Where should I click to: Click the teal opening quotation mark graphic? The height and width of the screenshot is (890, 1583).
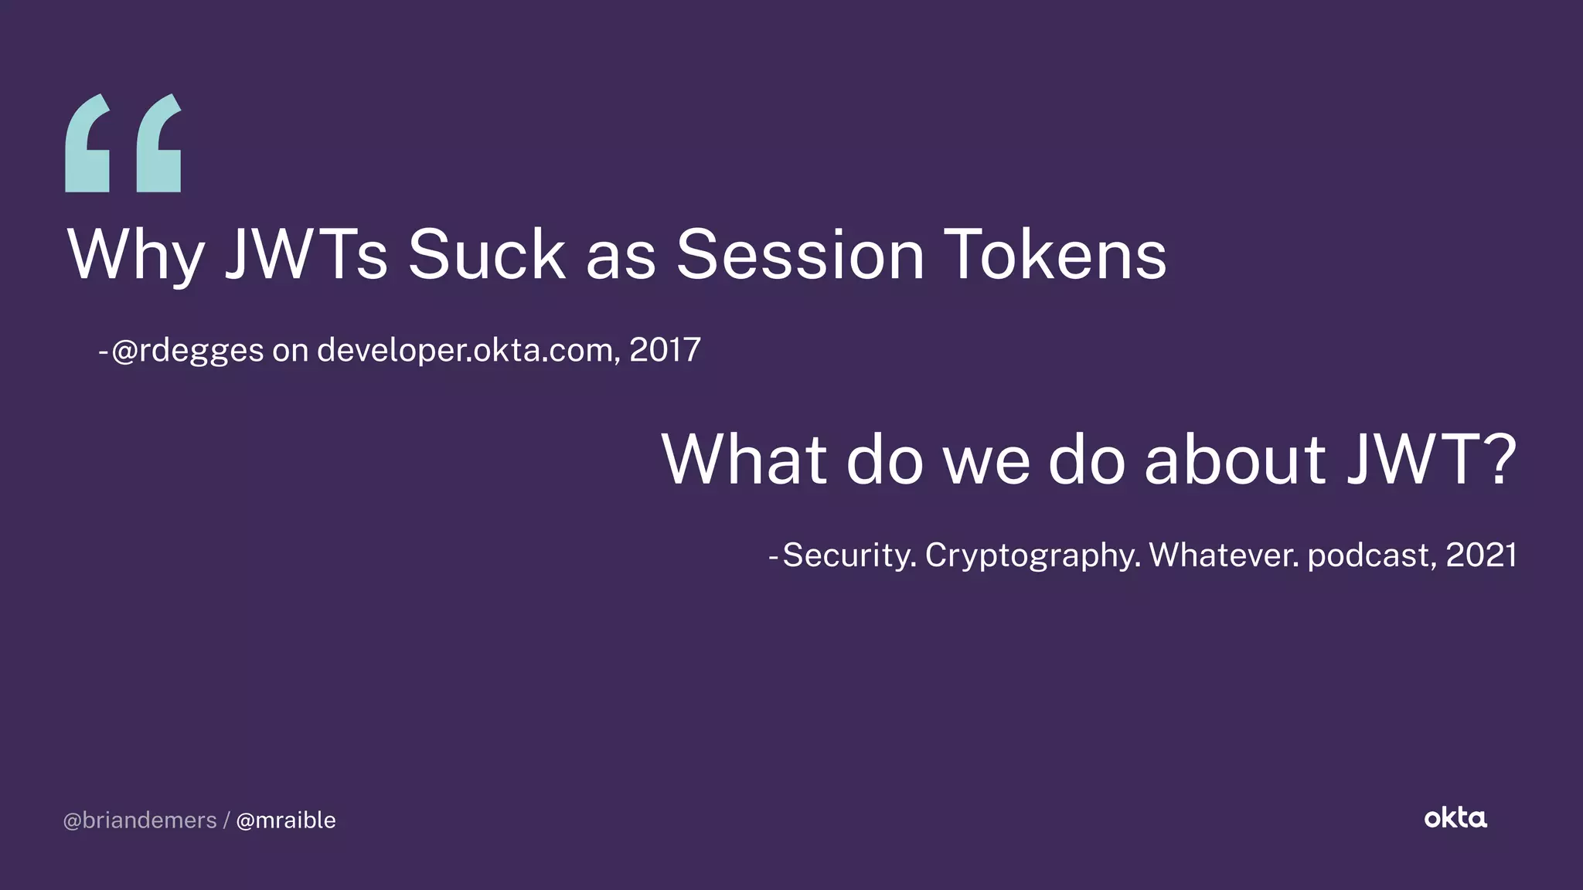pyautogui.click(x=124, y=144)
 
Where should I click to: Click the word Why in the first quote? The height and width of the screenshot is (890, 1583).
pyautogui.click(x=136, y=255)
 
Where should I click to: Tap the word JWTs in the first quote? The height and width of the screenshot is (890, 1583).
pyautogui.click(x=306, y=255)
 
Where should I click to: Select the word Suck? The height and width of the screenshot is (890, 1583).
pyautogui.click(x=487, y=255)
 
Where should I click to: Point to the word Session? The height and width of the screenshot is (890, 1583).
pyautogui.click(x=800, y=255)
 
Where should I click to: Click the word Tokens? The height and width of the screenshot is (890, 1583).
pyautogui.click(x=1056, y=255)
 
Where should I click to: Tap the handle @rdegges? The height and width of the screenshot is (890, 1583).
pyautogui.click(x=188, y=351)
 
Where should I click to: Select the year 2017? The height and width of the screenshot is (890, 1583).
pyautogui.click(x=665, y=351)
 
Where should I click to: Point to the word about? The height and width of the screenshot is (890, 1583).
pyautogui.click(x=1235, y=460)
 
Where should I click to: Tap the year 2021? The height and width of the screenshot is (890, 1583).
pyautogui.click(x=1481, y=555)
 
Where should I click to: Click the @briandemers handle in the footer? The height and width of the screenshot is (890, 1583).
pyautogui.click(x=140, y=820)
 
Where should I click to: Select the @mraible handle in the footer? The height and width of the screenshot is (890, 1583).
pyautogui.click(x=285, y=820)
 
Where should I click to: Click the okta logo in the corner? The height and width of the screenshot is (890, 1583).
pyautogui.click(x=1455, y=818)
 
